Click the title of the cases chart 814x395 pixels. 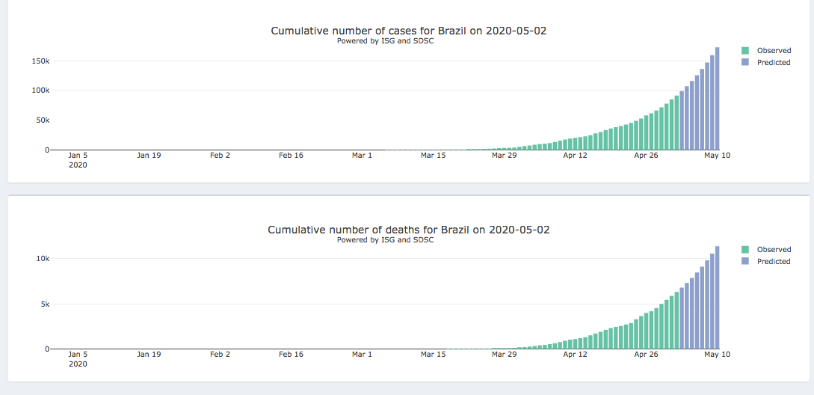(413, 31)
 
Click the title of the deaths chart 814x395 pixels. (408, 230)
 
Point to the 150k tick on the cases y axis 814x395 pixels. (40, 61)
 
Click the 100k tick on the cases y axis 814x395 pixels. (40, 91)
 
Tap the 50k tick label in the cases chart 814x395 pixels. (42, 120)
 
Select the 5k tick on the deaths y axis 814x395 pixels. (44, 304)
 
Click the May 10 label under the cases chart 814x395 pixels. (715, 156)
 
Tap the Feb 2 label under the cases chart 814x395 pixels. (220, 156)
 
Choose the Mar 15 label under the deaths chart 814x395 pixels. (433, 355)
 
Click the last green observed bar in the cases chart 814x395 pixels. (676, 123)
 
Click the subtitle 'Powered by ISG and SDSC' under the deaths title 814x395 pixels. (385, 240)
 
